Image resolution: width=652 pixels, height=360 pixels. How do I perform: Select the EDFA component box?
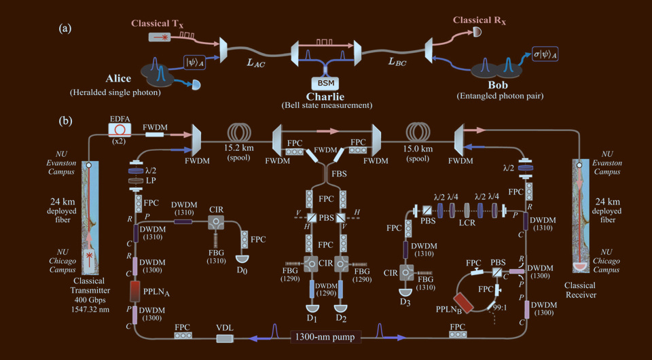[123, 128]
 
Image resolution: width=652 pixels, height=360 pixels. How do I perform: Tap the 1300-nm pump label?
[324, 335]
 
